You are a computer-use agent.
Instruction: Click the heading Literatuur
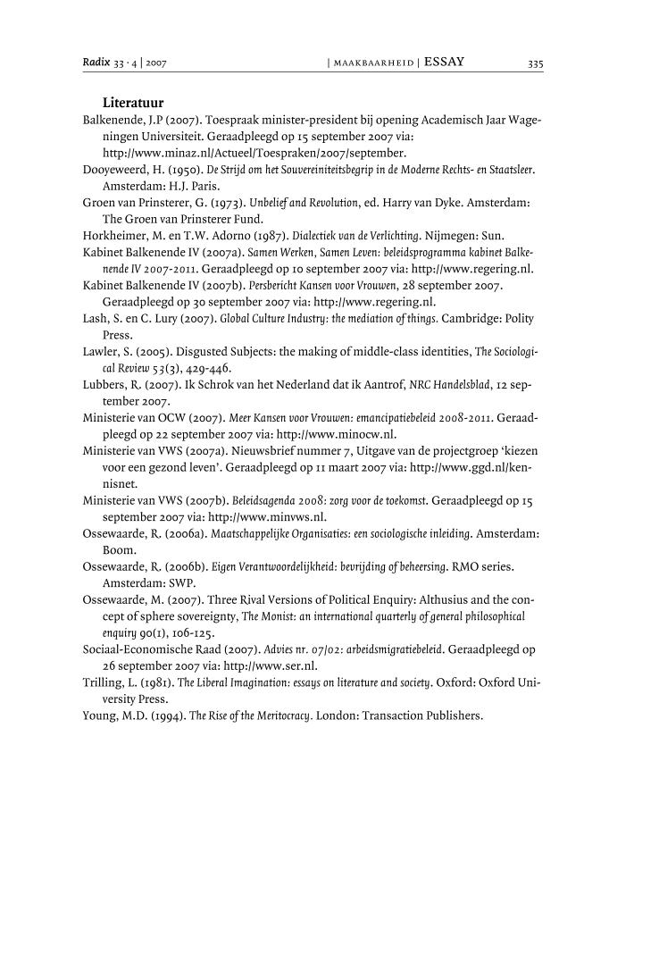point(132,103)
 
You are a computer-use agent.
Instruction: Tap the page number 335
point(535,63)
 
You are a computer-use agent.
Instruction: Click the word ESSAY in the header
point(444,63)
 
